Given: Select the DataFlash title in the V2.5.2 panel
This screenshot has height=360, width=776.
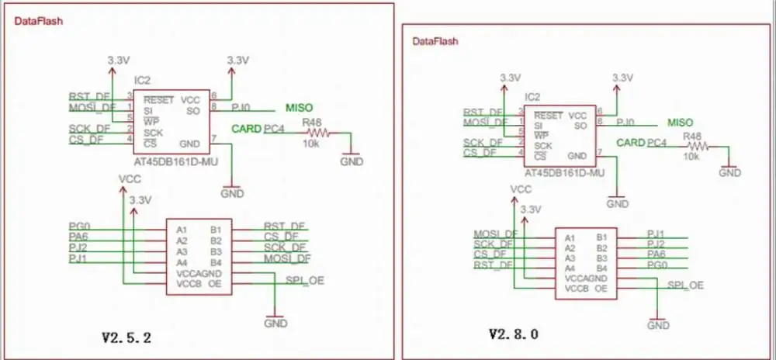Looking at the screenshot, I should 40,22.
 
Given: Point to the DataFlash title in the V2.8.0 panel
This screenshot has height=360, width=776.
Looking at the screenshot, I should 436,40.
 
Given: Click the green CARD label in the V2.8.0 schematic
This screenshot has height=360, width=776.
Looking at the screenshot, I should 631,143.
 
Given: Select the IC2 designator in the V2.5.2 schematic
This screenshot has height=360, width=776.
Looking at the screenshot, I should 142,80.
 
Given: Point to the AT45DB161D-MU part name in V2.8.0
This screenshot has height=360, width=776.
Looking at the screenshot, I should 564,174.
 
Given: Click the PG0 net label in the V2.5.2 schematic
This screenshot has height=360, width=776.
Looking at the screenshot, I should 78,226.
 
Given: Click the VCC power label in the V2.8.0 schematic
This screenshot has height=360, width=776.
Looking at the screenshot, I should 521,189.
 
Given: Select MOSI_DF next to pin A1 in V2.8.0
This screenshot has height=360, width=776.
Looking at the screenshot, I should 495,234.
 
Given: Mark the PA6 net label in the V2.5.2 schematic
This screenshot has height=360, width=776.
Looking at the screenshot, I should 78,237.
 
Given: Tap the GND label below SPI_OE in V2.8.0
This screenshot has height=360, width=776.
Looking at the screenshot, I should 657,326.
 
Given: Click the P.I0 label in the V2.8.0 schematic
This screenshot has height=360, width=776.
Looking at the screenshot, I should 629,123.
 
